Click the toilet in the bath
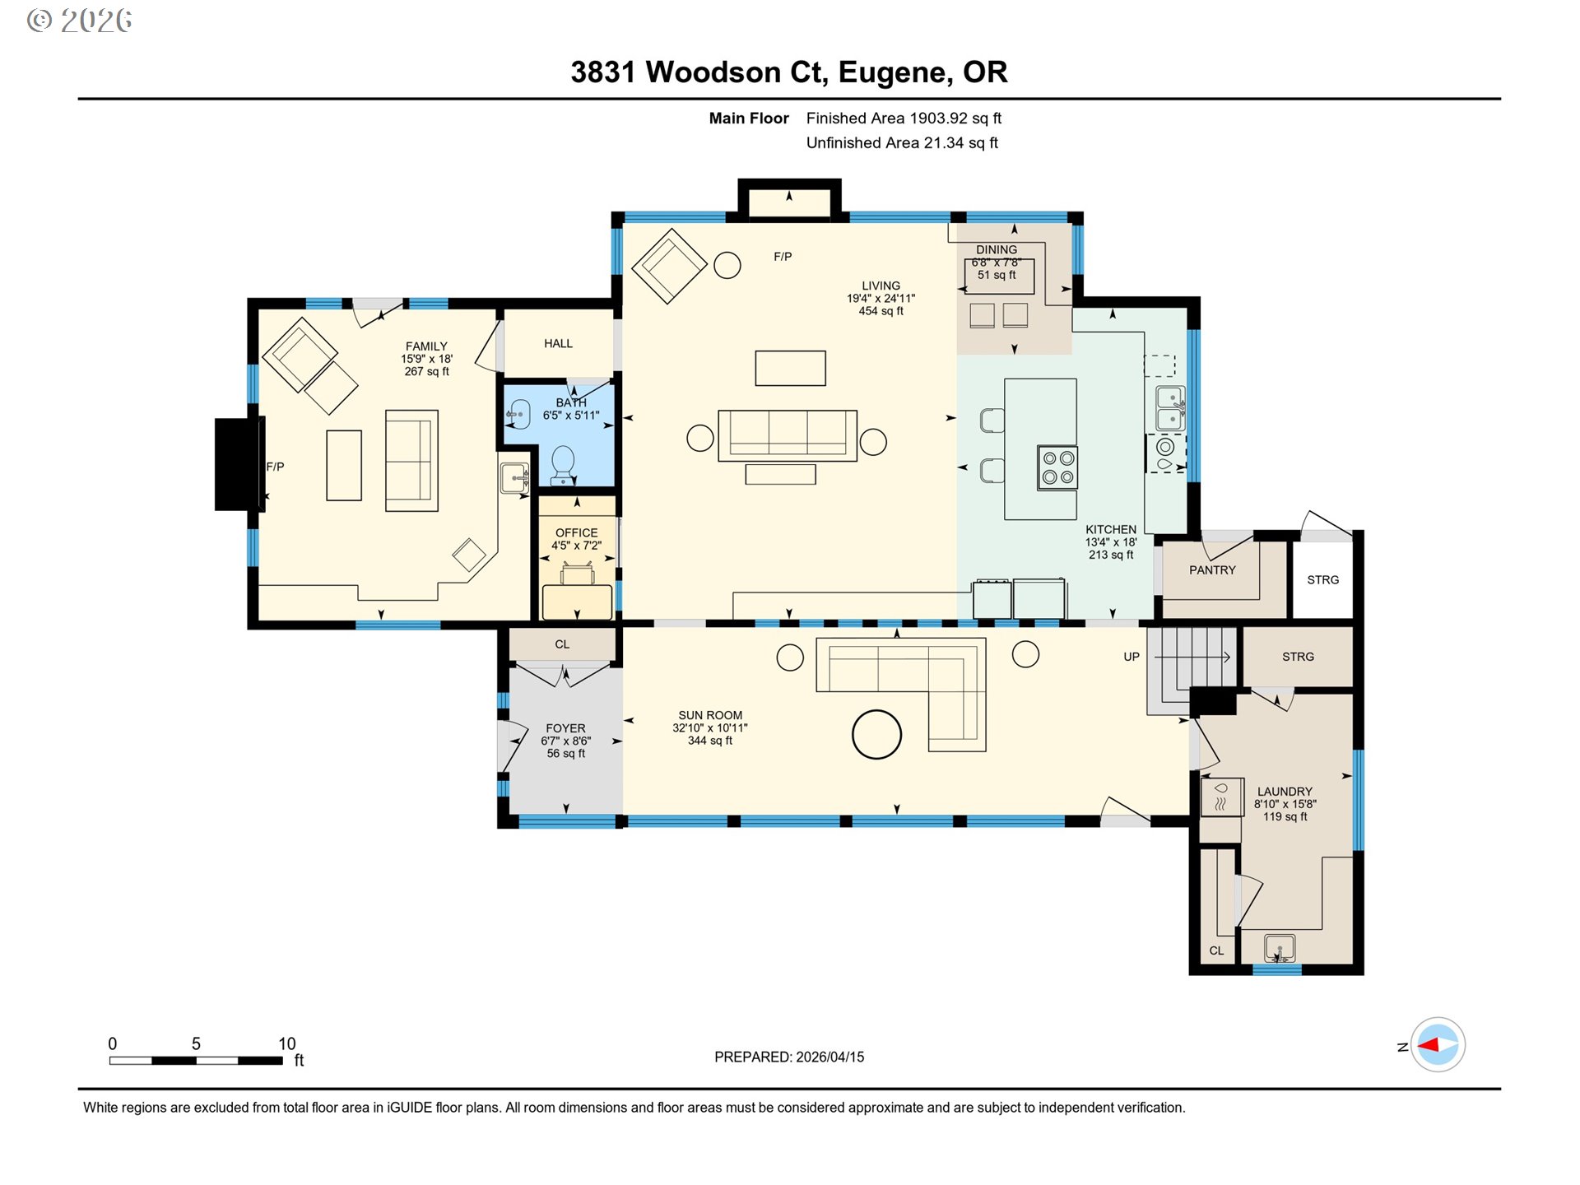563,463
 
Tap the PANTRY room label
1212,570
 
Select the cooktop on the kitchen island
1057,467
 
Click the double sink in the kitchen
1170,409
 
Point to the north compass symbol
1438,1045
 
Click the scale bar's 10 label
286,1043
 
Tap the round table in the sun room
876,734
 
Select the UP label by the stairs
1132,657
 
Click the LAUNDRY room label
1285,792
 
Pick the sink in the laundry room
1279,948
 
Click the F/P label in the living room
783,257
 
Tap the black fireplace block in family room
239,464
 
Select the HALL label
558,344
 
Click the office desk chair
578,574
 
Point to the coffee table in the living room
790,368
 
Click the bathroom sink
518,414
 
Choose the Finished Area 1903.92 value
938,118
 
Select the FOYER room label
565,728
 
